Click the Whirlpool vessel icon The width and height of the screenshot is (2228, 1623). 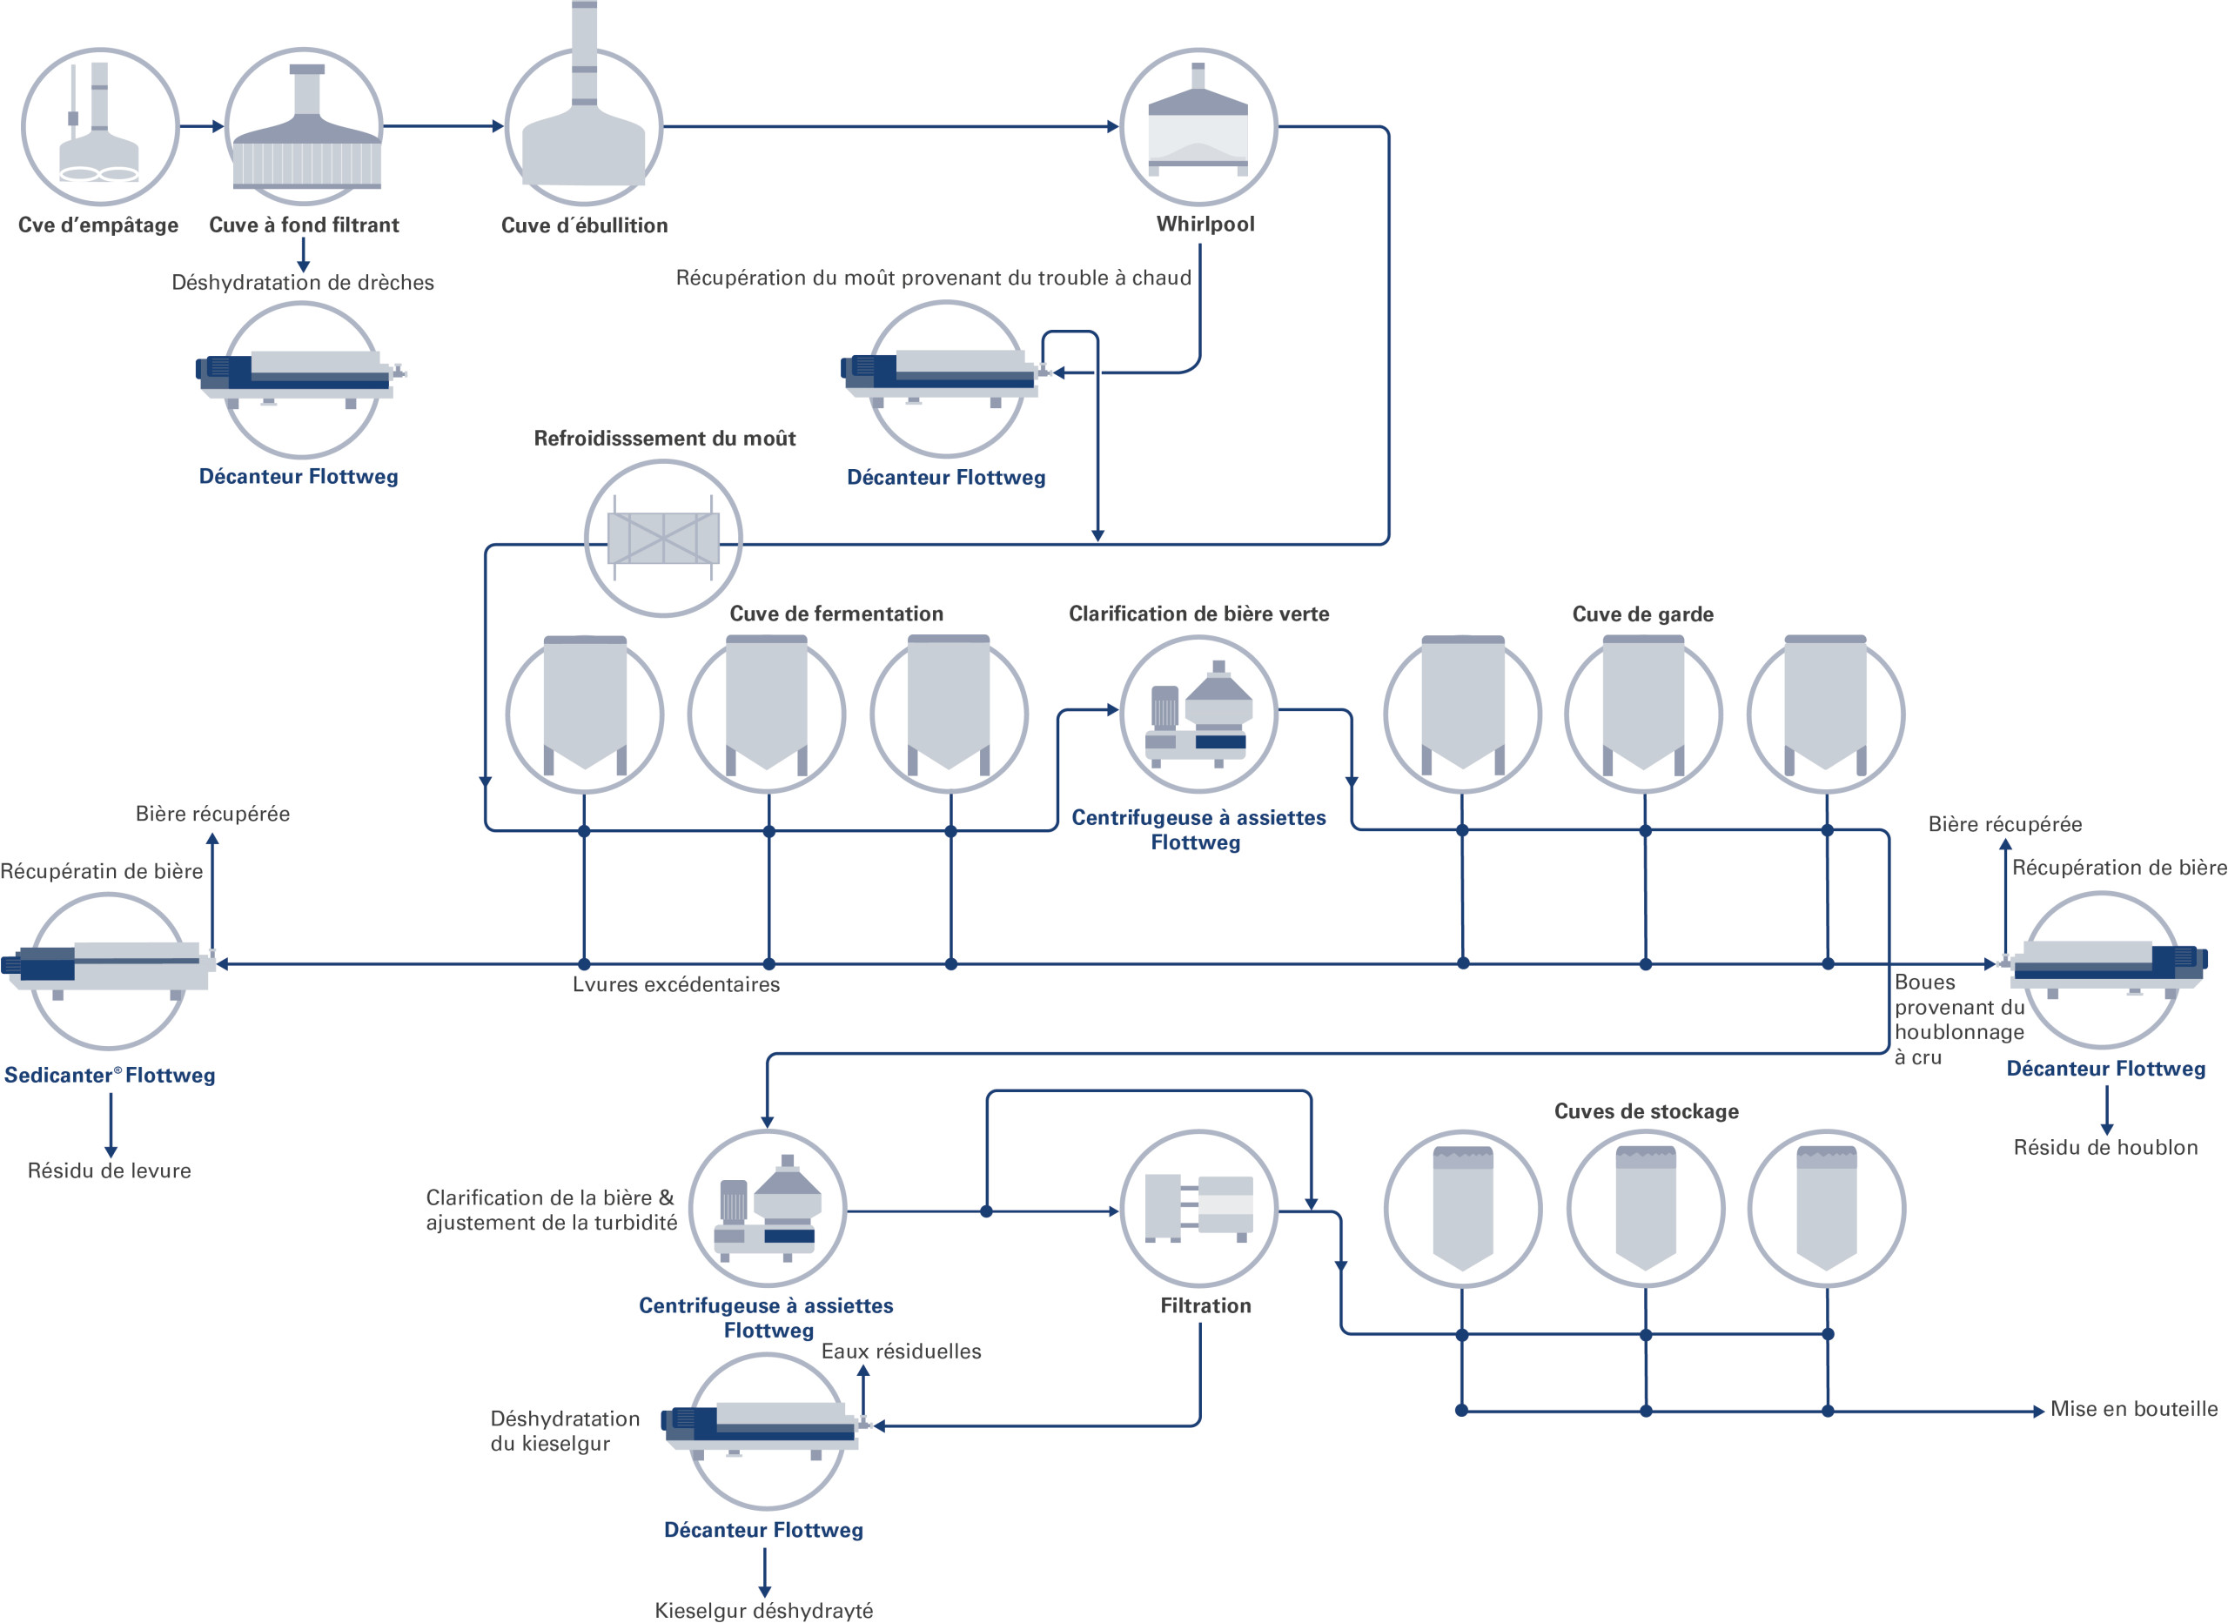[x=1198, y=127]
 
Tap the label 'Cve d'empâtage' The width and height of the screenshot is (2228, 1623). [x=98, y=225]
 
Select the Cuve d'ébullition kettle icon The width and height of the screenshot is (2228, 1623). [x=583, y=108]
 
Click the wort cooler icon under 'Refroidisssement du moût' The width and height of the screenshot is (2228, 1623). [x=663, y=539]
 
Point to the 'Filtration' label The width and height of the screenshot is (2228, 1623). [x=1205, y=1305]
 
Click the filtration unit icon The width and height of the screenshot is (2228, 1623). [x=1198, y=1209]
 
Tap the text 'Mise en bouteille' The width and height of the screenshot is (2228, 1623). [x=2134, y=1409]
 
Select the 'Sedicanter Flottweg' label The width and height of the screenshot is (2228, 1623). [x=110, y=1075]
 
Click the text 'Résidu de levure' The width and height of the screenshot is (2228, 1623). [x=109, y=1170]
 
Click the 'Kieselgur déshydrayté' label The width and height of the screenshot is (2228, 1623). [x=763, y=1610]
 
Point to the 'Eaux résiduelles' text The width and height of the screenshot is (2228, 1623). [x=901, y=1351]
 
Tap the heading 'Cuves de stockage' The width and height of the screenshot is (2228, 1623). [x=1647, y=1111]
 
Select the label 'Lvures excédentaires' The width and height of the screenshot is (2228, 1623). [x=676, y=984]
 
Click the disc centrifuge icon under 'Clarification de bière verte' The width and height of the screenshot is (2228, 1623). [x=1198, y=714]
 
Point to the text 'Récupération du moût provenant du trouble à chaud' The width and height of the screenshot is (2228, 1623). [x=933, y=278]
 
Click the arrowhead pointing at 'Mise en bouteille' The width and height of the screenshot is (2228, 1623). [x=2038, y=1411]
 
